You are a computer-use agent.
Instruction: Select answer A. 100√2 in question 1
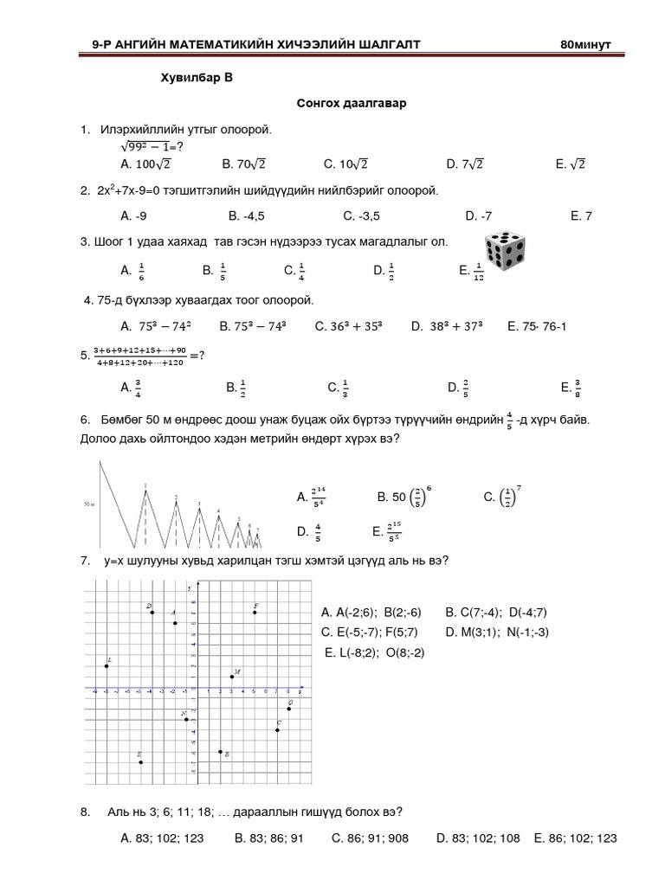[x=146, y=163]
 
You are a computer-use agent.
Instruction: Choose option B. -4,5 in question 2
[x=246, y=216]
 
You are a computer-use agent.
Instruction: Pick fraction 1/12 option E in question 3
[x=473, y=272]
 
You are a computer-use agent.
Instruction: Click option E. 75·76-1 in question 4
[x=537, y=327]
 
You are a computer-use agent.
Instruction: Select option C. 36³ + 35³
[x=349, y=327]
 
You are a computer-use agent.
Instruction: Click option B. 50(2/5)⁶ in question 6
[x=404, y=496]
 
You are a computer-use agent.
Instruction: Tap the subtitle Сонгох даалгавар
[x=352, y=104]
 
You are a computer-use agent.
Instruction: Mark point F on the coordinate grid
[x=255, y=613]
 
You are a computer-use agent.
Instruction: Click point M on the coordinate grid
[x=232, y=676]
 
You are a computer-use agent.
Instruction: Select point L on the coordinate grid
[x=106, y=665]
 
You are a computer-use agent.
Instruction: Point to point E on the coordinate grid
[x=140, y=761]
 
